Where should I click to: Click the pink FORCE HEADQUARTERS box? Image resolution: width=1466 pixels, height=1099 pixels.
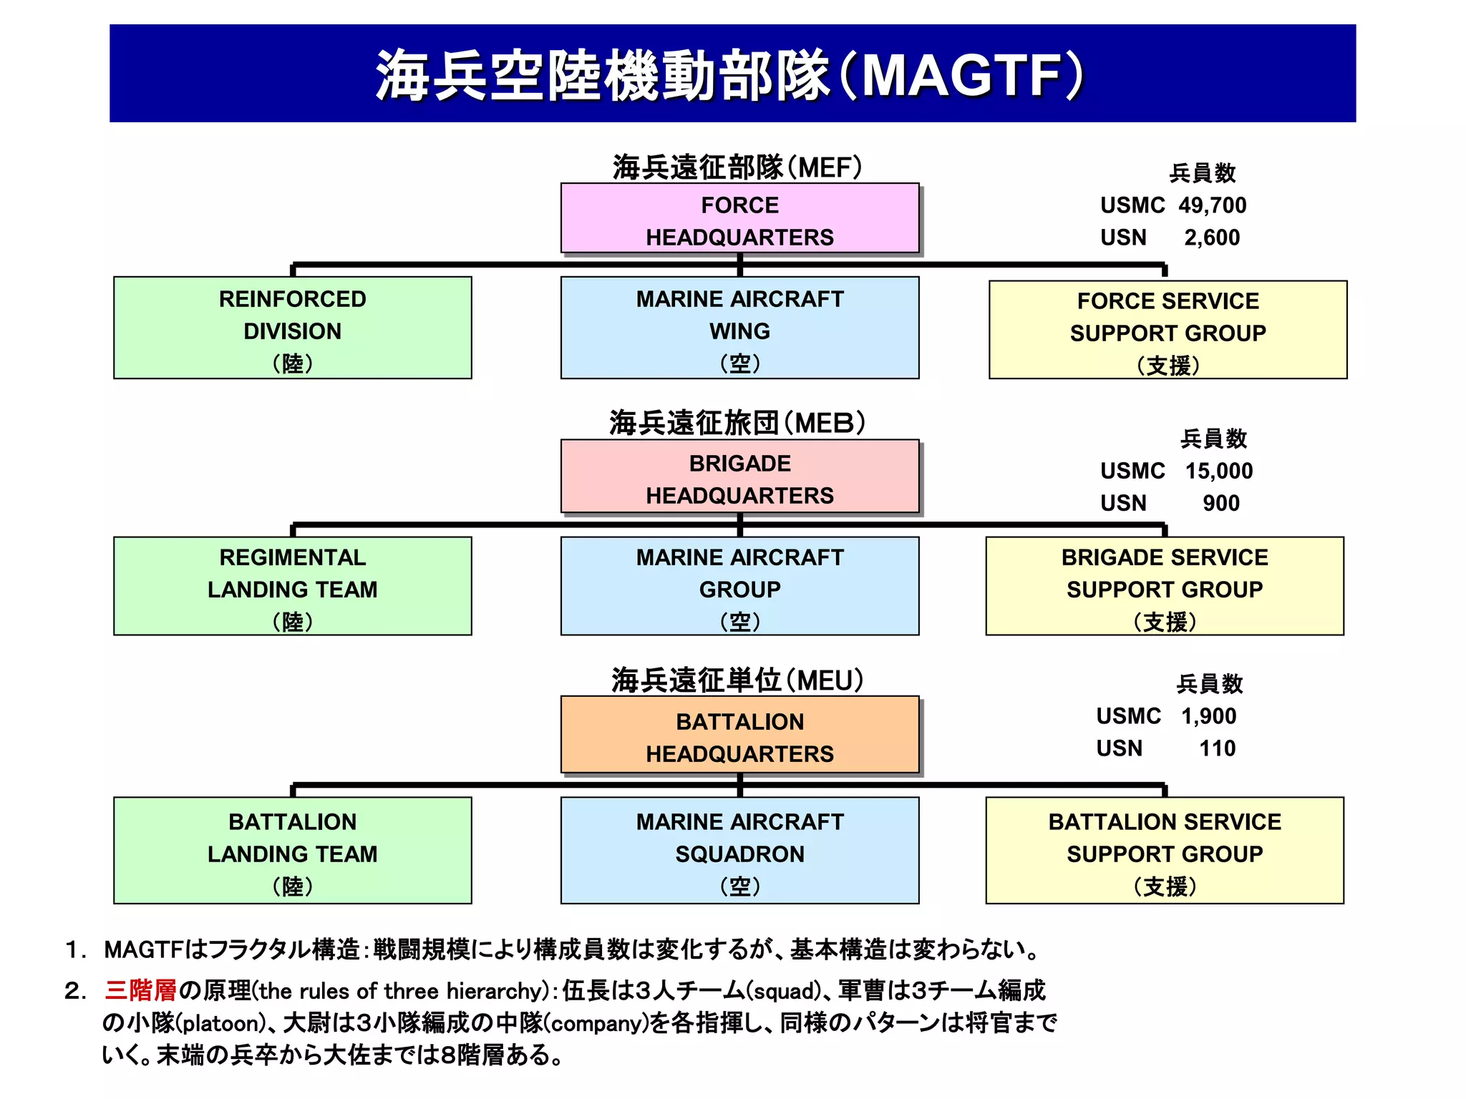coord(739,218)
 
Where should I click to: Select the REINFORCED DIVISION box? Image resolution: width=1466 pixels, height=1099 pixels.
coord(292,328)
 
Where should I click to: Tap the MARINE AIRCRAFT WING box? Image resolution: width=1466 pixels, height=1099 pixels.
coord(739,328)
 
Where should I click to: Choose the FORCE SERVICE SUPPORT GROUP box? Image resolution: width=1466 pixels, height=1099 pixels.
coord(1168,330)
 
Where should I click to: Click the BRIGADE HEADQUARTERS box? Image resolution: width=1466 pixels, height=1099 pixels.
coord(739,477)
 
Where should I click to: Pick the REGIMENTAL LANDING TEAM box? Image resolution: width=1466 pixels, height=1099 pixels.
coord(292,586)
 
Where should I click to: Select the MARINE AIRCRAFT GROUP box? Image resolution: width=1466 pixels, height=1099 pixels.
coord(739,586)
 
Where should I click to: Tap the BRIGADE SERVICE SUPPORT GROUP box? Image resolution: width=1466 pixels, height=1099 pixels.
coord(1165,586)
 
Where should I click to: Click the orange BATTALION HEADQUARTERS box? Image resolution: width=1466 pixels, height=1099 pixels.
coord(739,735)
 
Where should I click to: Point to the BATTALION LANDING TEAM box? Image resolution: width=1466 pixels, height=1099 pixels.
coord(292,851)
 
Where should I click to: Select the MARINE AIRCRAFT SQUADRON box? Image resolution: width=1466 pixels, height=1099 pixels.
coord(739,851)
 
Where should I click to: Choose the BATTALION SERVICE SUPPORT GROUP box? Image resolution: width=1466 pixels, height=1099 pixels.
coord(1165,851)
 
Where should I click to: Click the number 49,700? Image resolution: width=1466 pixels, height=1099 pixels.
coord(1212,205)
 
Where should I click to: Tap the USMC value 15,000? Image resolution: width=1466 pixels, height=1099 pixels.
coord(1218,471)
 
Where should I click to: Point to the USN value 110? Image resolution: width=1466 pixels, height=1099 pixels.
coord(1217,748)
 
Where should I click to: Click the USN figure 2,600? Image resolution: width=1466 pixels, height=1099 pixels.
coord(1211,238)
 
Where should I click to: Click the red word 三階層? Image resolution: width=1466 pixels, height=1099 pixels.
coord(141,990)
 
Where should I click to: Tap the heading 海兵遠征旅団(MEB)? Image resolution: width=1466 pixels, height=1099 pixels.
coord(737,423)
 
